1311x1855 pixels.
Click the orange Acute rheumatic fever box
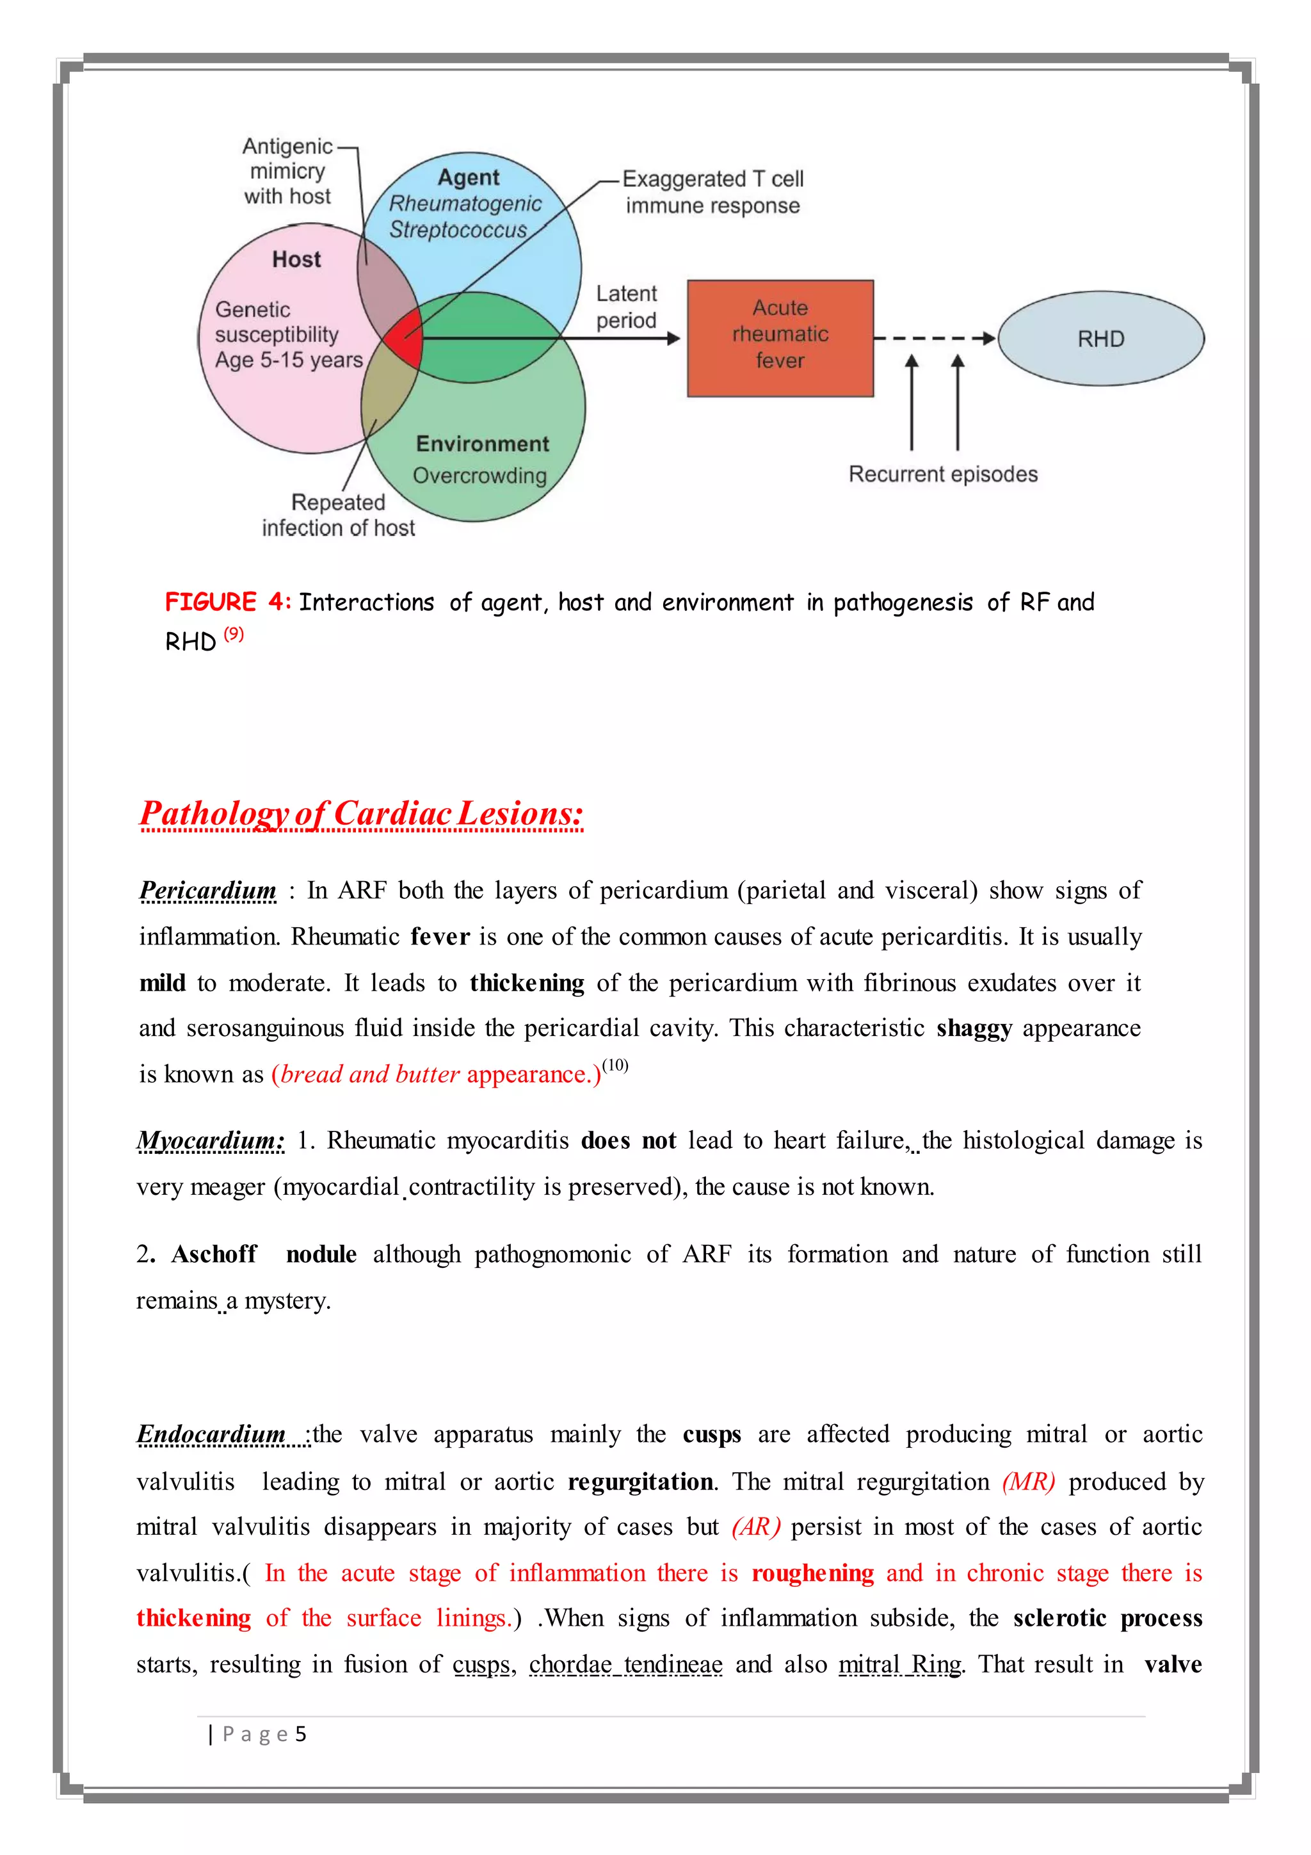[780, 337]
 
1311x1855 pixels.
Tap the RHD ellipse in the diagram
[1100, 339]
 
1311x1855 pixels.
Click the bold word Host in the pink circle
[296, 259]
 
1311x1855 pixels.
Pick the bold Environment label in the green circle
[482, 444]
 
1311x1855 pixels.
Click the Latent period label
[626, 307]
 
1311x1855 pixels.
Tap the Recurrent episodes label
[943, 474]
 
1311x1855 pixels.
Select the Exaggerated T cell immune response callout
[712, 192]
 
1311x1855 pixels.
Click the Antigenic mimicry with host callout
[287, 171]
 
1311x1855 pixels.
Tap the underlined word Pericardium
[207, 890]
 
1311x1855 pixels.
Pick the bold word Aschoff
[214, 1254]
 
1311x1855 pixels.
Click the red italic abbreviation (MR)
[1028, 1481]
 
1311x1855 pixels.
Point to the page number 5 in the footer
[300, 1734]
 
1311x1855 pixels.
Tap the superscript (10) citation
[615, 1065]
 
